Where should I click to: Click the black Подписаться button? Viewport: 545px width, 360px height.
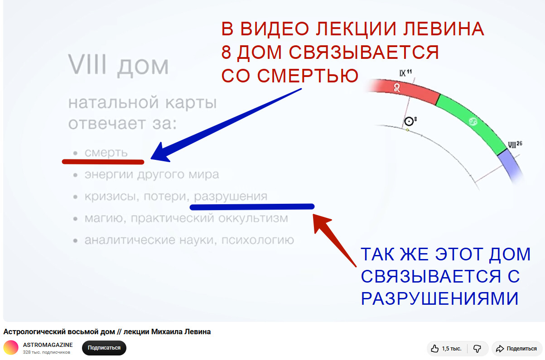pyautogui.click(x=104, y=348)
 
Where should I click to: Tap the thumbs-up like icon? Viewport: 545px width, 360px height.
pyautogui.click(x=434, y=349)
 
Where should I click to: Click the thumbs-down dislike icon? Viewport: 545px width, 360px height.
pyautogui.click(x=477, y=349)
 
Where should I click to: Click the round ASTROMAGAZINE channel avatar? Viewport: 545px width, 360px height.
pyautogui.click(x=11, y=348)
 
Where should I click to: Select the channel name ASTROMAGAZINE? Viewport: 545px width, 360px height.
pyautogui.click(x=48, y=345)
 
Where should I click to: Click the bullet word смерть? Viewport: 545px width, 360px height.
pyautogui.click(x=106, y=153)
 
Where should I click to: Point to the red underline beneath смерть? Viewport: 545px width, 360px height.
pyautogui.click(x=103, y=162)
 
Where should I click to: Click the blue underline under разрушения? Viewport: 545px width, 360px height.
pyautogui.click(x=252, y=207)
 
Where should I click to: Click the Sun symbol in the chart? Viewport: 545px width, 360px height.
pyautogui.click(x=409, y=121)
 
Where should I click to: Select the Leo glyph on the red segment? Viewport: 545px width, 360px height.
pyautogui.click(x=397, y=87)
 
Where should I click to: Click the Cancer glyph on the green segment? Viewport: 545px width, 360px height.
pyautogui.click(x=473, y=121)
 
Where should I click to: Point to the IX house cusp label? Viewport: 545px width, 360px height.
pyautogui.click(x=405, y=73)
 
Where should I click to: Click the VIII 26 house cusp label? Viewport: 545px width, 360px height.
pyautogui.click(x=515, y=144)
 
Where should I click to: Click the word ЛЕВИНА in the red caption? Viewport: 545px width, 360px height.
pyautogui.click(x=444, y=29)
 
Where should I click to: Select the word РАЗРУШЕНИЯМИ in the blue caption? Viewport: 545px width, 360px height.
pyautogui.click(x=439, y=298)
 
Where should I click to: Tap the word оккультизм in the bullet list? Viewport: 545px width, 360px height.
pyautogui.click(x=253, y=218)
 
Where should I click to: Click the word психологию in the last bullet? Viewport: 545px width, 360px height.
pyautogui.click(x=258, y=240)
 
